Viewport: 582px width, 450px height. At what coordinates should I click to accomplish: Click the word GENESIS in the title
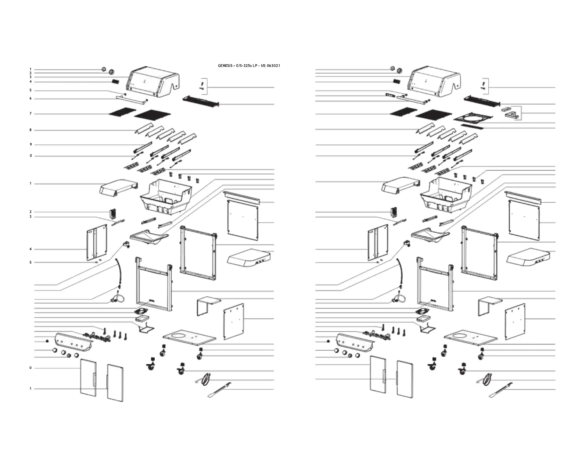(x=224, y=66)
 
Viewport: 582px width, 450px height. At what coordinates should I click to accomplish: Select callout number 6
(x=30, y=99)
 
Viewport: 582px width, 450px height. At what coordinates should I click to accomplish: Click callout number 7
(x=30, y=114)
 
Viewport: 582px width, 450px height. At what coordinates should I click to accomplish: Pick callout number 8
(x=30, y=130)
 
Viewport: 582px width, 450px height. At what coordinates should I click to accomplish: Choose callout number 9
(x=30, y=144)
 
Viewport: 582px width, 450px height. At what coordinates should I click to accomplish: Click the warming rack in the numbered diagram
(x=201, y=100)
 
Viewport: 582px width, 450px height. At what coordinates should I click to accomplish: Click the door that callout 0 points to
(x=89, y=378)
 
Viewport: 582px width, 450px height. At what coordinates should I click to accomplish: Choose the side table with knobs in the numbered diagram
(x=250, y=257)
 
